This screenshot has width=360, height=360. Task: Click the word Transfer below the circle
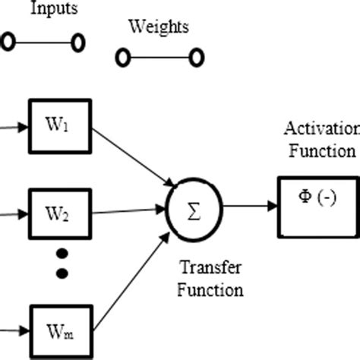click(x=205, y=267)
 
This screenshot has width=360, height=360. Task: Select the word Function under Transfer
click(x=212, y=290)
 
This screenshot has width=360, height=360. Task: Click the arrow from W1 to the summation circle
click(x=137, y=159)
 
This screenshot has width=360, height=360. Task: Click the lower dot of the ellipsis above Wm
click(x=62, y=272)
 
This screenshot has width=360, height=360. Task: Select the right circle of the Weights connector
click(x=196, y=57)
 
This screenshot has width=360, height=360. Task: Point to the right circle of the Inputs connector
click(x=77, y=43)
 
